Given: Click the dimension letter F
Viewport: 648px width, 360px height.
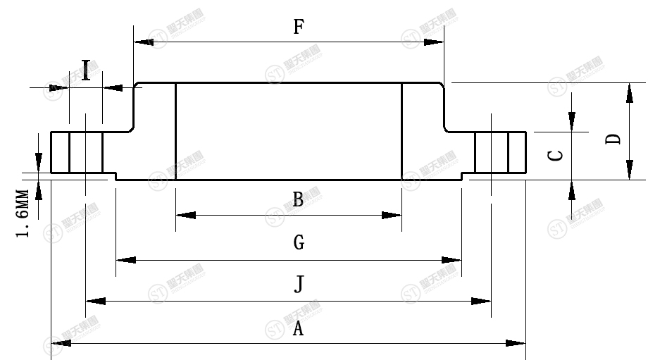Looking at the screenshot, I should pyautogui.click(x=299, y=27).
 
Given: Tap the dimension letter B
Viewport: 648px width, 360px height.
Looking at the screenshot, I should pyautogui.click(x=298, y=200).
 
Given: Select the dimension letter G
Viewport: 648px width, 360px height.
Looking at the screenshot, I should pyautogui.click(x=299, y=244).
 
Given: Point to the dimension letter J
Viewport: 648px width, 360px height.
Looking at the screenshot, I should pyautogui.click(x=299, y=285).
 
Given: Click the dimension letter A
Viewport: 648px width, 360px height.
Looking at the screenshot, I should pyautogui.click(x=298, y=328).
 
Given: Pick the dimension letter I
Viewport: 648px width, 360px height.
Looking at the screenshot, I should pyautogui.click(x=86, y=71).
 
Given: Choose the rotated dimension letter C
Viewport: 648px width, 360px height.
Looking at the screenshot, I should pyautogui.click(x=556, y=154).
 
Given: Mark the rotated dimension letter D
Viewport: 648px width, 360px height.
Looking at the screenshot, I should pyautogui.click(x=614, y=139).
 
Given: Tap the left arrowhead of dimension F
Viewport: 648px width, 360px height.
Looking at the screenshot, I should pyautogui.click(x=143, y=42).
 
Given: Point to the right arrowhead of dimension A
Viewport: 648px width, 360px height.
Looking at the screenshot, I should pyautogui.click(x=516, y=343).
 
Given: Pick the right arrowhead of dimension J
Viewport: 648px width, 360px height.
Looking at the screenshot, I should pyautogui.click(x=482, y=302).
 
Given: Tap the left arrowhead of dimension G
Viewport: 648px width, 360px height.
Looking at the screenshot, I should pyautogui.click(x=125, y=261).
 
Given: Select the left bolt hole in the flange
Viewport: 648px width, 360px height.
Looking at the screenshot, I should pyautogui.click(x=86, y=152).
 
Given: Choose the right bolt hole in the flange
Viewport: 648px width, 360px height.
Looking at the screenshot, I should pyautogui.click(x=492, y=152).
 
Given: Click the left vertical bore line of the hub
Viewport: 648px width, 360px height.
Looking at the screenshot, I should pyautogui.click(x=175, y=131).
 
